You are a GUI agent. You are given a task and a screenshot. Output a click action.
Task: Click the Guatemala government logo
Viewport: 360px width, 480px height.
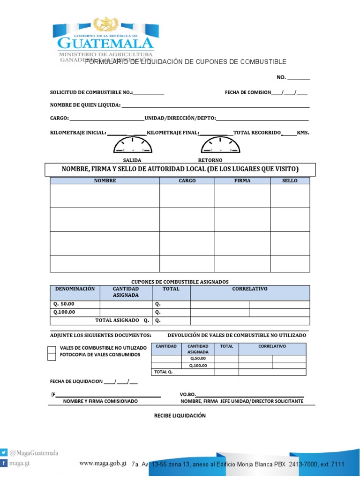pos(105,40)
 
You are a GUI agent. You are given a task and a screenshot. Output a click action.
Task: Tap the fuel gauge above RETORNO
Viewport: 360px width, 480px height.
pos(220,145)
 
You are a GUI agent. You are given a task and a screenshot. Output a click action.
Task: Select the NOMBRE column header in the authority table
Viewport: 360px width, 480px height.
pos(105,180)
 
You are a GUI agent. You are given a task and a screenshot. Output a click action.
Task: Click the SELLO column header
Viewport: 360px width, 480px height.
pos(290,180)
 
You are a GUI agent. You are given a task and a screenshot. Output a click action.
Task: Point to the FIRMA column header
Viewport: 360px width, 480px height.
pos(242,180)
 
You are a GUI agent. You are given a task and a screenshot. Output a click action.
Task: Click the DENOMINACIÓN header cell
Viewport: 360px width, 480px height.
pos(75,289)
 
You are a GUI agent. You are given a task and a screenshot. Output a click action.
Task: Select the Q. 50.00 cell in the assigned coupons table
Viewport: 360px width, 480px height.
pos(75,304)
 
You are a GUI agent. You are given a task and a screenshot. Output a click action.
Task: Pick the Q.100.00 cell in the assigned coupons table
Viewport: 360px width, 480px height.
pos(75,312)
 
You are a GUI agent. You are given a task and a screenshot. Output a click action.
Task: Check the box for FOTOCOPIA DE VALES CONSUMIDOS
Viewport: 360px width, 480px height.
pos(52,357)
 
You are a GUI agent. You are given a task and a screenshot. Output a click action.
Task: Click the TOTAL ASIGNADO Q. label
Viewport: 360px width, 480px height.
pos(122,321)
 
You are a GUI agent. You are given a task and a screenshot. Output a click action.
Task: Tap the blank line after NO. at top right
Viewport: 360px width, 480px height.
pos(299,78)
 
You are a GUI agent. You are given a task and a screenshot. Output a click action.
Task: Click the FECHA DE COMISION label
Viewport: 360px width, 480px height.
pos(247,92)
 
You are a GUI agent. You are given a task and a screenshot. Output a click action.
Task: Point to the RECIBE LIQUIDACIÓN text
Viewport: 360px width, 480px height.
pos(180,416)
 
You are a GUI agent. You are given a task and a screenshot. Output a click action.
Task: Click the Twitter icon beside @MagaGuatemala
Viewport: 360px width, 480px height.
pos(4,453)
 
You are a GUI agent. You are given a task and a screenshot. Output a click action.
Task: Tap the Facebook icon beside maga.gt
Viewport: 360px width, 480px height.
pos(4,463)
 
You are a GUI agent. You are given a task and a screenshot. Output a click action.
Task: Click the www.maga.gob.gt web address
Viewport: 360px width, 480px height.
pos(103,464)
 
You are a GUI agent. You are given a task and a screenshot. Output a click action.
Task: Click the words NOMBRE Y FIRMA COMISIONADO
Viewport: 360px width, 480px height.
pos(100,401)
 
